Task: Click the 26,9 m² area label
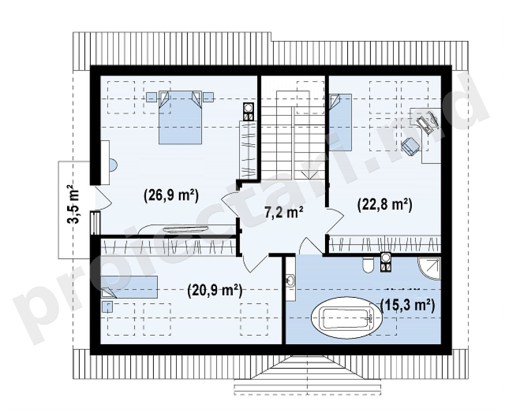171,195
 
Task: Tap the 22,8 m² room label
385,205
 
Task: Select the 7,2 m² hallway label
284,213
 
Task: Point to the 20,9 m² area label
215,291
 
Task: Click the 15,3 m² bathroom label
407,305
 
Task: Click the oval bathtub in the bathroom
347,317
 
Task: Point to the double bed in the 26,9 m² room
180,117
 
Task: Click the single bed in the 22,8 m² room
340,122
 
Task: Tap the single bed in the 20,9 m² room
130,286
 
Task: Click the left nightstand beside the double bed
151,97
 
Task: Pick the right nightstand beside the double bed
209,97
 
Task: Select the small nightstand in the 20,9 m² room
107,307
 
